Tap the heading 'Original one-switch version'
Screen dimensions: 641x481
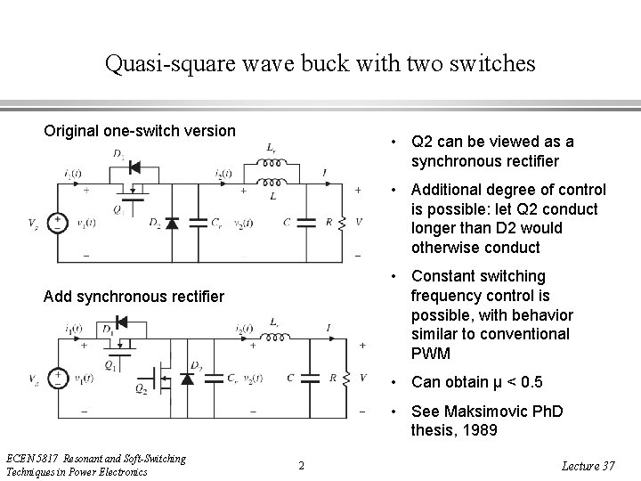click(x=140, y=131)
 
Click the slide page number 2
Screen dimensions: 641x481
click(x=301, y=465)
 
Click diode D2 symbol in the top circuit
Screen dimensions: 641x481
click(x=171, y=223)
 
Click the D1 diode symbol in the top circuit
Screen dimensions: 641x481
click(x=134, y=167)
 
